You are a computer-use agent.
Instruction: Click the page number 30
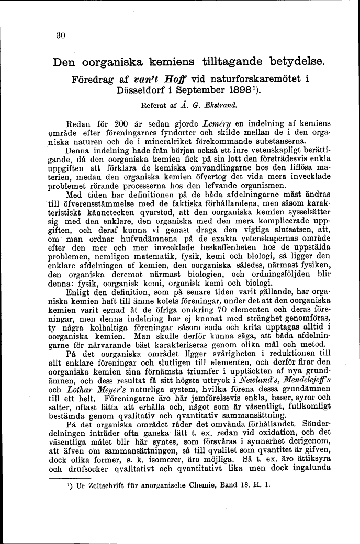(60, 36)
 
